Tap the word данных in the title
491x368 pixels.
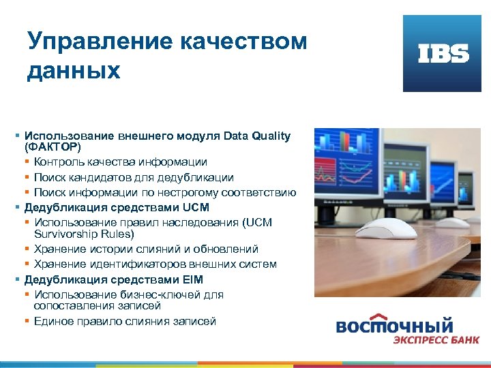74,70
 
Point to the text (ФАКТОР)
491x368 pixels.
53,147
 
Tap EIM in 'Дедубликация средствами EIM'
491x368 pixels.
193,279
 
